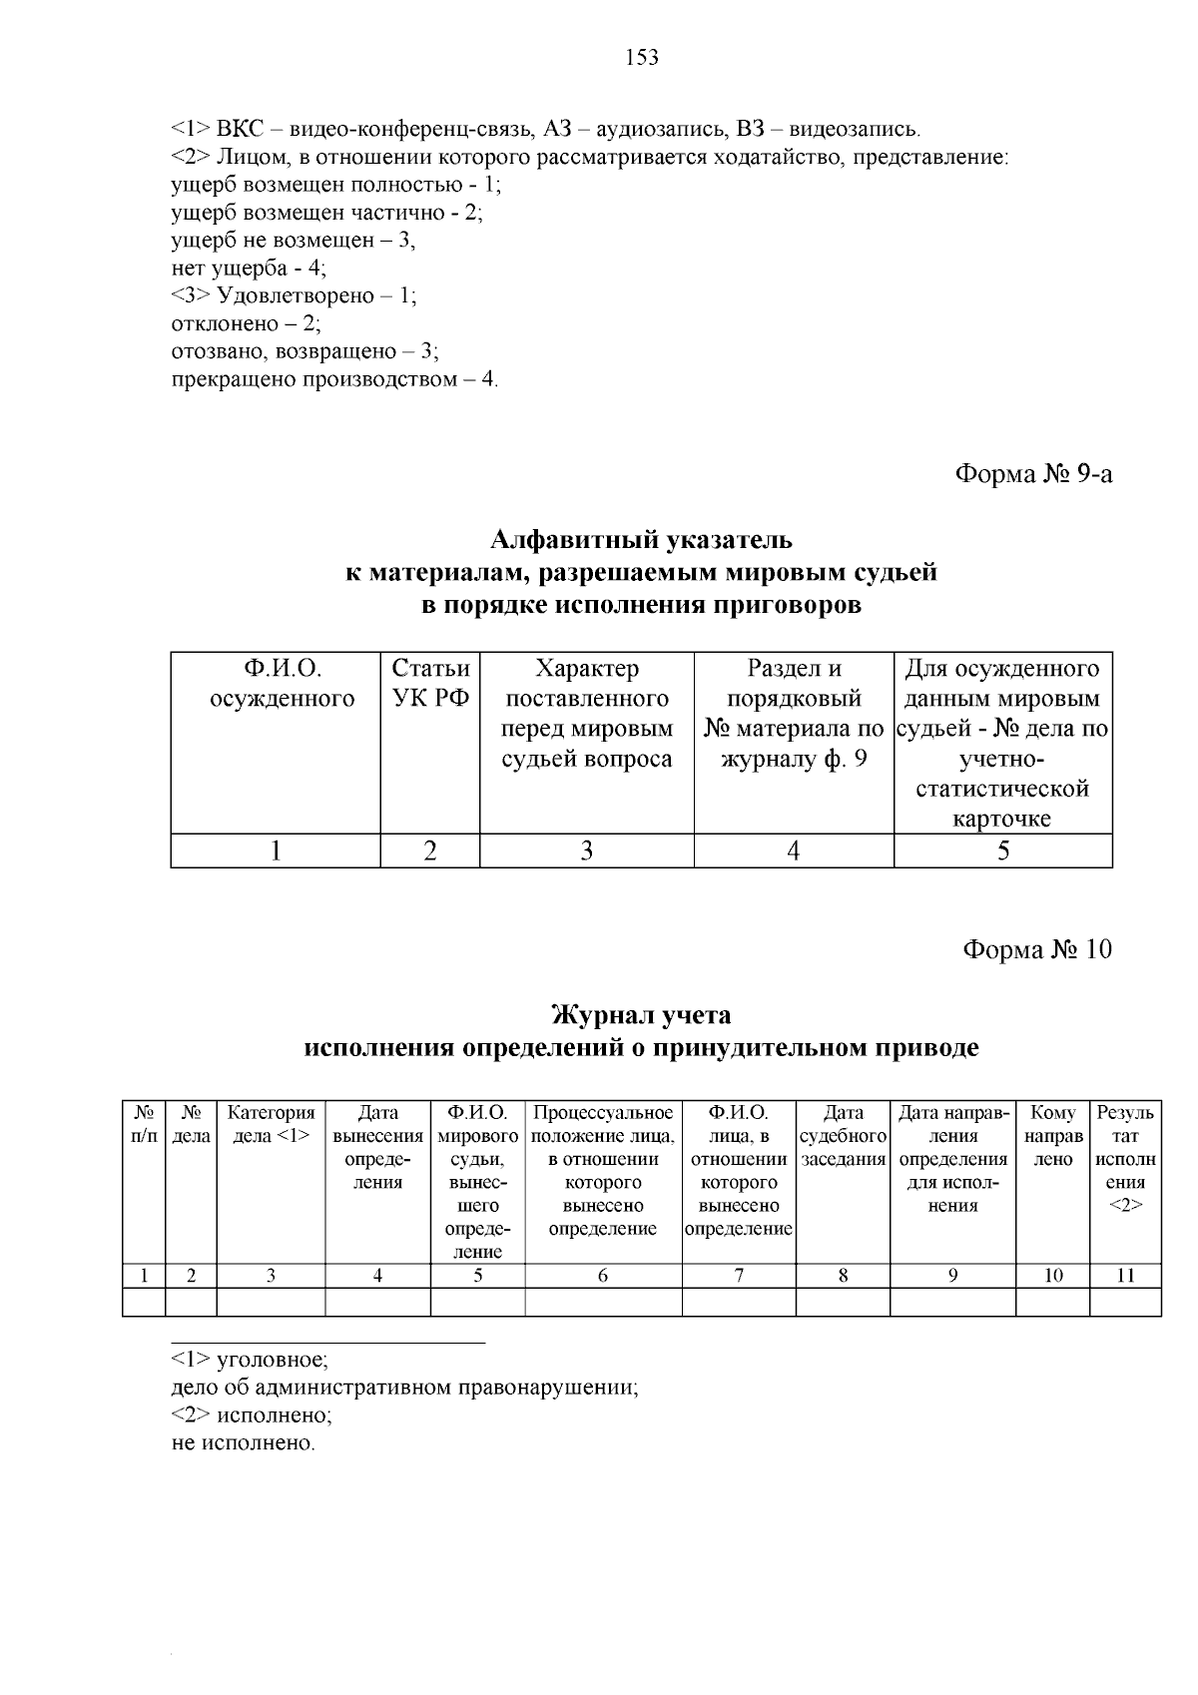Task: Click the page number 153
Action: (642, 58)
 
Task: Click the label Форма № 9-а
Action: (1033, 473)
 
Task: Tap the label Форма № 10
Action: (1036, 948)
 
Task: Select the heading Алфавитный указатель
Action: (641, 540)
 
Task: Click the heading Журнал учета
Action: (641, 1015)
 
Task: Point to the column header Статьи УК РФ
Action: (430, 683)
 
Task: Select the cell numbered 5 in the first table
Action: (1003, 850)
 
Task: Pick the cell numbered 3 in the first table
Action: (587, 850)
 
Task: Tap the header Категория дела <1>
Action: (271, 1124)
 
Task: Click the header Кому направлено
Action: (1053, 1136)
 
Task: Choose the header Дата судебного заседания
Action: (844, 1136)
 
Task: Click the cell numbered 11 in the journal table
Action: (1125, 1275)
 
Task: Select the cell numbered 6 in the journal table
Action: (603, 1275)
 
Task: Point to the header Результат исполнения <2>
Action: (1125, 1158)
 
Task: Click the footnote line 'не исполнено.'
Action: (243, 1443)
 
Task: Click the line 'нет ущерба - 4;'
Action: (249, 268)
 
